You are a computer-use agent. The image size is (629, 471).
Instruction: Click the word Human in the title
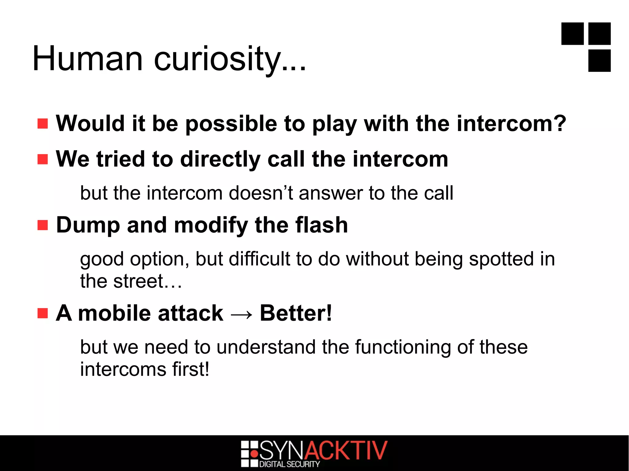[x=88, y=58]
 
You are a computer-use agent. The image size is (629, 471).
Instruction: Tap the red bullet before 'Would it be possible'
[x=43, y=124]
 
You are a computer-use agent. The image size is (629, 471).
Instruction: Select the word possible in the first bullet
[x=231, y=124]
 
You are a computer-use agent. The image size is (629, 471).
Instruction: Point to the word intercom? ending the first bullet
[x=511, y=124]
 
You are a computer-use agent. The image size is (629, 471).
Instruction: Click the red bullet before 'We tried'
[x=43, y=159]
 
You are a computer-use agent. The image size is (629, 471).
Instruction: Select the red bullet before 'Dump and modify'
[x=43, y=225]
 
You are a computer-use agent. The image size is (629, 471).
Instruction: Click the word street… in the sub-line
[x=147, y=281]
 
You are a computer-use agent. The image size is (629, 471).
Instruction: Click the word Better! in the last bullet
[x=296, y=313]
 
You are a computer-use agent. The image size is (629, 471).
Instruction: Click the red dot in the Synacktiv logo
[x=254, y=454]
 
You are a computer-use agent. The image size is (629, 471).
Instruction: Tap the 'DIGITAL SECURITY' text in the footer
[x=290, y=464]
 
